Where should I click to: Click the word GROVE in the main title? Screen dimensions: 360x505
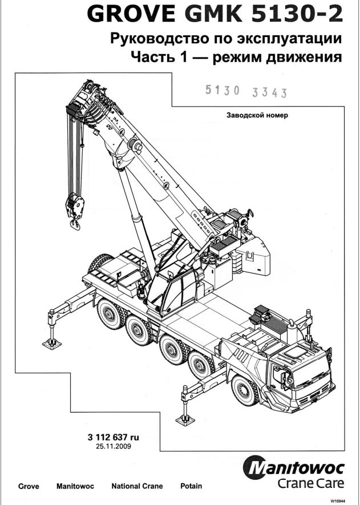point(131,14)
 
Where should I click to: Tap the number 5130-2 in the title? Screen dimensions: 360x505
point(297,14)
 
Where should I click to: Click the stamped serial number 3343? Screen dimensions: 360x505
point(269,93)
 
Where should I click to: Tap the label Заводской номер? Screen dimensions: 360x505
point(257,115)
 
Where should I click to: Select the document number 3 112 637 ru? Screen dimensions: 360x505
point(114,437)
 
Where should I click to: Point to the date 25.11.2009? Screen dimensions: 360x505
point(114,446)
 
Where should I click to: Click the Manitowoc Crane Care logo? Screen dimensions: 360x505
point(294,472)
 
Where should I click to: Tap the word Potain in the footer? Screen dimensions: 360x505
point(191,486)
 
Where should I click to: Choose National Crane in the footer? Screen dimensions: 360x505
point(137,486)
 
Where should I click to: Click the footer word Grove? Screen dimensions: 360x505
point(29,486)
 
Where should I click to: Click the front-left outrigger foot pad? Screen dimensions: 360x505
point(185,420)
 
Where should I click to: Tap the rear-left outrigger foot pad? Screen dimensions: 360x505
point(52,344)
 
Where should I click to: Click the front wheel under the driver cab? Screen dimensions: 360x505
point(245,390)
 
